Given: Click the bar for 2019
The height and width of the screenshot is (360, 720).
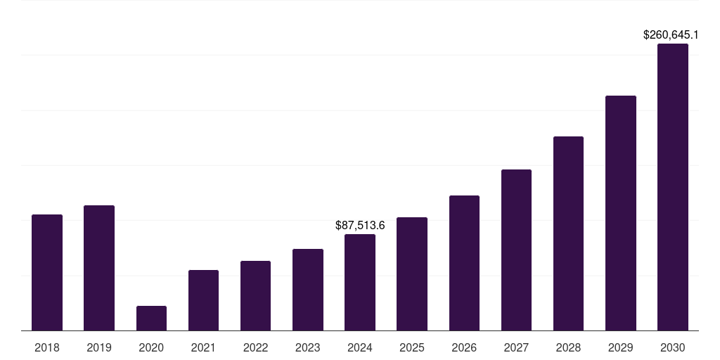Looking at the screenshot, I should (x=99, y=268).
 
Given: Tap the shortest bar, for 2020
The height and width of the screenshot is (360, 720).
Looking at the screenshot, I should (x=151, y=318).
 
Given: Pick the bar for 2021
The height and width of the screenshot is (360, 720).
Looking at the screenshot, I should (x=203, y=300).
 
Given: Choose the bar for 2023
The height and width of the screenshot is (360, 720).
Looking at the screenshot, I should (x=308, y=290).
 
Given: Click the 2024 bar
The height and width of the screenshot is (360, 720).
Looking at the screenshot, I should (x=360, y=282).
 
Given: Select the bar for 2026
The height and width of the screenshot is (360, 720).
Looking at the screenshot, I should (x=464, y=263).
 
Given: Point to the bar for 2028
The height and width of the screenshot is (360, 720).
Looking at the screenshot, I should (x=568, y=233).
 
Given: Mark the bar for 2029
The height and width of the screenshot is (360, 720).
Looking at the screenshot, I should (x=620, y=213).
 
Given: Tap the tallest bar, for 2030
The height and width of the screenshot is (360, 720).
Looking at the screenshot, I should (x=672, y=187).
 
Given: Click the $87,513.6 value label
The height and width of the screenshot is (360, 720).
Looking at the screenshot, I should (x=360, y=226).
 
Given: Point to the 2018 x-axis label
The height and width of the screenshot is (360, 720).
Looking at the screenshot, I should (x=47, y=347).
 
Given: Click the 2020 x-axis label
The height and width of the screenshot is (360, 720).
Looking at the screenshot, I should (x=151, y=347).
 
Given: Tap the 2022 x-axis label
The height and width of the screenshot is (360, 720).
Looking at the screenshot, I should (x=255, y=347).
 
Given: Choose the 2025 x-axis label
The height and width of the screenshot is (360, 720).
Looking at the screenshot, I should (x=412, y=347).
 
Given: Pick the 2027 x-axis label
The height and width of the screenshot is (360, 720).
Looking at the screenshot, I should (x=516, y=347).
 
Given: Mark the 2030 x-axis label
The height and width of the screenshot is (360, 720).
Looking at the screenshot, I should (x=672, y=347).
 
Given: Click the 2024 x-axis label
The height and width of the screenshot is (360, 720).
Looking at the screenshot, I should (x=360, y=347).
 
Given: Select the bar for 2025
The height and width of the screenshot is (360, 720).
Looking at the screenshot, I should (x=412, y=274).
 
